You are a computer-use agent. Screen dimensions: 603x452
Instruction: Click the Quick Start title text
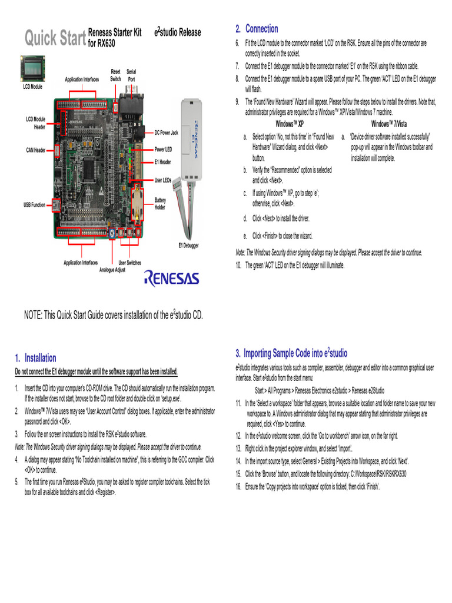click(x=55, y=39)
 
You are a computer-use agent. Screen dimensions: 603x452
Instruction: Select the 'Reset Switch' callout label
click(x=115, y=75)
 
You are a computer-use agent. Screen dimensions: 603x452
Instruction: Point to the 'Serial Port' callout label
click(x=131, y=75)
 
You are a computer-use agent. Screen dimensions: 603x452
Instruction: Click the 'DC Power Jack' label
click(x=166, y=133)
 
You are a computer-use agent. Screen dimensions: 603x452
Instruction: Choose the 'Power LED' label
click(x=163, y=150)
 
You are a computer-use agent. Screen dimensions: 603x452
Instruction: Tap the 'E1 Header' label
click(x=162, y=162)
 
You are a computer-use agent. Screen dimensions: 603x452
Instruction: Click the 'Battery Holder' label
click(x=160, y=204)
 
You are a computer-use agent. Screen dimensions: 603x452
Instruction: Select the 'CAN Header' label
click(x=35, y=150)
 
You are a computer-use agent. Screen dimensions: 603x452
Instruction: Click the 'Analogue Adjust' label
click(x=112, y=270)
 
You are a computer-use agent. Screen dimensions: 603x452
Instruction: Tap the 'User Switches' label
click(x=129, y=263)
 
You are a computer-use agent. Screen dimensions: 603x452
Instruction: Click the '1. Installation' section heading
click(x=36, y=358)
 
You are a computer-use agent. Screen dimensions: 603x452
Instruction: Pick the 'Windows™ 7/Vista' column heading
click(x=388, y=124)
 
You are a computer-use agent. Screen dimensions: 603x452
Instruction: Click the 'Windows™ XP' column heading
click(x=290, y=124)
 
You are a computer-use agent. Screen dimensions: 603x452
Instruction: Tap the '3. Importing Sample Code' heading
click(x=291, y=353)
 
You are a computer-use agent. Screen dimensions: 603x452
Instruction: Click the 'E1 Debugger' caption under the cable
click(x=189, y=244)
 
